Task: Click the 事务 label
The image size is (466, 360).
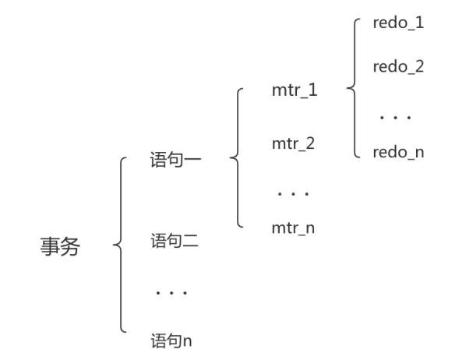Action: (60, 247)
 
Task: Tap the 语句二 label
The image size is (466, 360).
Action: (175, 242)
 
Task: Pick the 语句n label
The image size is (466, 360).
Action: (171, 340)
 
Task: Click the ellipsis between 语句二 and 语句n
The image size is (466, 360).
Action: (170, 294)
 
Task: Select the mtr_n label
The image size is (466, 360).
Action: (295, 228)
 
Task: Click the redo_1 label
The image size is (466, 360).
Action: (398, 23)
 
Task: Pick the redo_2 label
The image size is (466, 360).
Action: (398, 66)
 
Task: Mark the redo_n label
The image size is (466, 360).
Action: (398, 152)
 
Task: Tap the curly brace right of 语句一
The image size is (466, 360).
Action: (236, 158)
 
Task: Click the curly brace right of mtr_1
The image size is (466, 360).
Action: (352, 88)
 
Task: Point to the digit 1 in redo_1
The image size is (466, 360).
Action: (420, 23)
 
